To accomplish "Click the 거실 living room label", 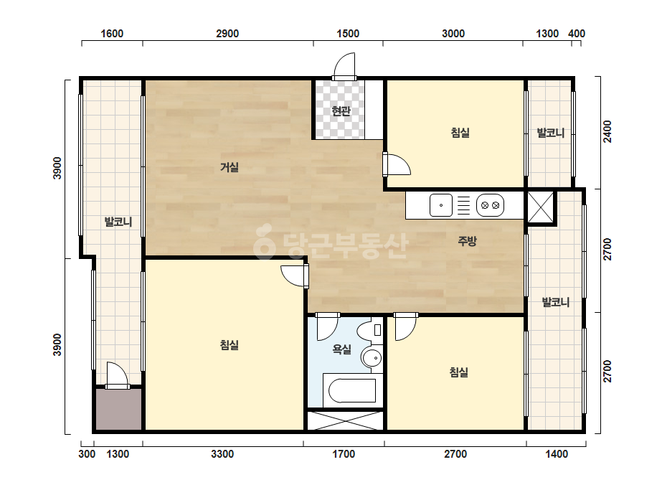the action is [x=230, y=167].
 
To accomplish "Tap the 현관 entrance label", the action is [x=341, y=111].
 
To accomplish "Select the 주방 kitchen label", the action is [x=467, y=241].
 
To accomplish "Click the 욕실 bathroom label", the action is [x=342, y=349].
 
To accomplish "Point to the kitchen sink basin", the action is [x=441, y=205].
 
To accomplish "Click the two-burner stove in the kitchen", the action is [x=490, y=205].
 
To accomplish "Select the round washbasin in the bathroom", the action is [x=372, y=359].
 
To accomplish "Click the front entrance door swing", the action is [x=344, y=66].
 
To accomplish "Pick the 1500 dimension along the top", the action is [x=348, y=34].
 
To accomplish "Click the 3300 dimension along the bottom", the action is [x=222, y=454].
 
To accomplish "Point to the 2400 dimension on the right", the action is [x=607, y=132].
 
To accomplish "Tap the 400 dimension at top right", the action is [x=577, y=34].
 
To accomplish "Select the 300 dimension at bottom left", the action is [x=87, y=454].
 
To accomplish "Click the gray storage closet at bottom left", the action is [x=118, y=410].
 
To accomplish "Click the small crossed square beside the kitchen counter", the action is [x=541, y=207].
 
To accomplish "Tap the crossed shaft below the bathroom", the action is [x=346, y=420].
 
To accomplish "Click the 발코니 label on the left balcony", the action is [x=118, y=222].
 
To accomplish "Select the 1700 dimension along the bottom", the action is [x=344, y=454].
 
